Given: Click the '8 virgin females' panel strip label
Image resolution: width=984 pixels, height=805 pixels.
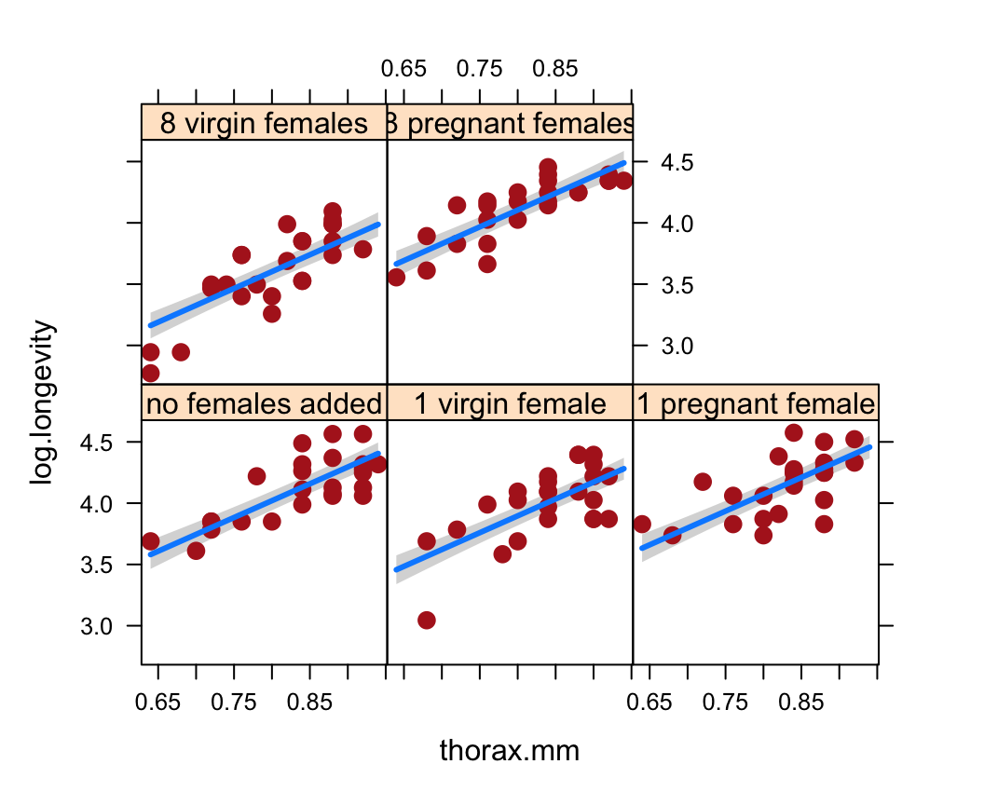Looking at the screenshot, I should coord(264,123).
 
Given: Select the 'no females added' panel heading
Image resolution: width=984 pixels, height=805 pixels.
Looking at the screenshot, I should coord(264,403).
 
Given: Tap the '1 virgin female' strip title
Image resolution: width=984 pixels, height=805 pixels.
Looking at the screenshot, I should coord(510,403).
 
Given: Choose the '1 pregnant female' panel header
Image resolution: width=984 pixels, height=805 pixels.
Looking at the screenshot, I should coord(756,403).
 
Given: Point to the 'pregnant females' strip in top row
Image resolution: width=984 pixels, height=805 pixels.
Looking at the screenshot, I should coord(510,123).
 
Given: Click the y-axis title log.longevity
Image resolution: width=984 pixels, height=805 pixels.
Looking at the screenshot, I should coord(43,402).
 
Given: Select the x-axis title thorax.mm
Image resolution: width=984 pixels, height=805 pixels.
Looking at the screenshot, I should coord(510,751).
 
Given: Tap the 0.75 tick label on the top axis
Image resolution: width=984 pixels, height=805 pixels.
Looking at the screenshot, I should coord(479,69).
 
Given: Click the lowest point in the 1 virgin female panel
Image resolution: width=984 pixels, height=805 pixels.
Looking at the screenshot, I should coord(427,620).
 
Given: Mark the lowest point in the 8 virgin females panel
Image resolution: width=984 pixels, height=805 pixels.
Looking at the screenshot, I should coord(150,373).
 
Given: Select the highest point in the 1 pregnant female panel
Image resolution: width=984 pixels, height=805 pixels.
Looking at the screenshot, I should coord(794,432).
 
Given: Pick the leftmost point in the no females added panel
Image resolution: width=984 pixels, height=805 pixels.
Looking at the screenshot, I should coord(150,541).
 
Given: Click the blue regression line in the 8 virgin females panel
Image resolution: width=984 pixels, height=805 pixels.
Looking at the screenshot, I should coord(264,275).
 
